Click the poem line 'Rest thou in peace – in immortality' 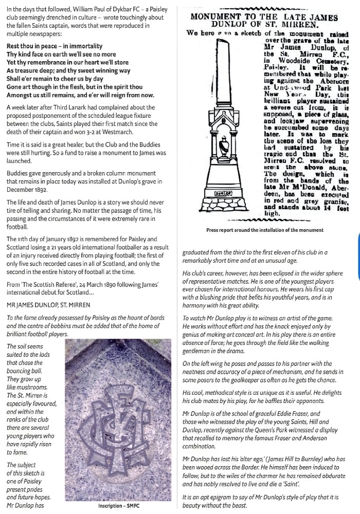(x=55, y=46)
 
